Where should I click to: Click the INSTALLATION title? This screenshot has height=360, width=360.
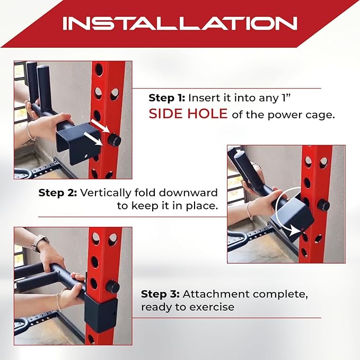coord(180,23)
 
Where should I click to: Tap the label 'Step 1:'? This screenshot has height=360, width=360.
coord(166,98)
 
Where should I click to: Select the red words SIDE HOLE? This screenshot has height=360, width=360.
coord(188,113)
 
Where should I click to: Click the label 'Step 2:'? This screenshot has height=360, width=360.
coord(58,193)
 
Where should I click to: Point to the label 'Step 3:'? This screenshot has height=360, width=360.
coord(160,294)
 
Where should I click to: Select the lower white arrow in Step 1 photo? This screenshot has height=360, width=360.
coord(93,139)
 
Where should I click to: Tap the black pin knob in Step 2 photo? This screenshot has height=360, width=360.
coord(323,205)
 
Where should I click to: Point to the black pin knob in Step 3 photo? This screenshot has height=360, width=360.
coord(113,286)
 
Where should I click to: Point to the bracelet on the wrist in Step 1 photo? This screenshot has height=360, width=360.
coord(30,131)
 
